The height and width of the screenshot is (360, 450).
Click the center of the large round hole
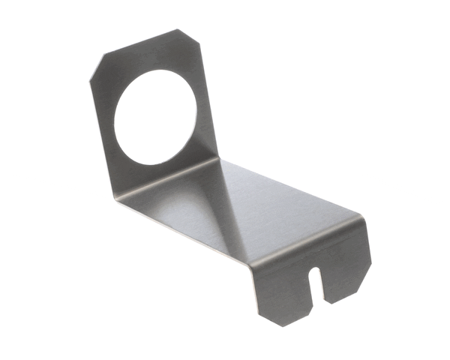(x=157, y=117)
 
